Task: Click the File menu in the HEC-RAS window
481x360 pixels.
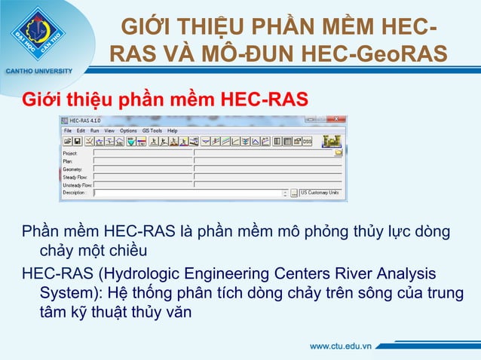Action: [x=68, y=130]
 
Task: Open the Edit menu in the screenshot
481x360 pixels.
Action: [x=81, y=130]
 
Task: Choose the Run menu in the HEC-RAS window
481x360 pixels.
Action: [x=94, y=130]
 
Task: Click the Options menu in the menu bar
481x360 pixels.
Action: [x=128, y=130]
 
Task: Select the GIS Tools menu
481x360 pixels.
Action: [x=152, y=130]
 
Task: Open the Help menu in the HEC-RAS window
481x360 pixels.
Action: [x=173, y=130]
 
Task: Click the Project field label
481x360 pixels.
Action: [x=70, y=152]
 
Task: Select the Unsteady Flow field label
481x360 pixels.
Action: [x=77, y=185]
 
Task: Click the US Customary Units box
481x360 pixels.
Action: [x=320, y=193]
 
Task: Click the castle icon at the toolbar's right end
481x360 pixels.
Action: [x=330, y=140]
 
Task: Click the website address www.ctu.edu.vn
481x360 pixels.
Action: [x=342, y=346]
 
